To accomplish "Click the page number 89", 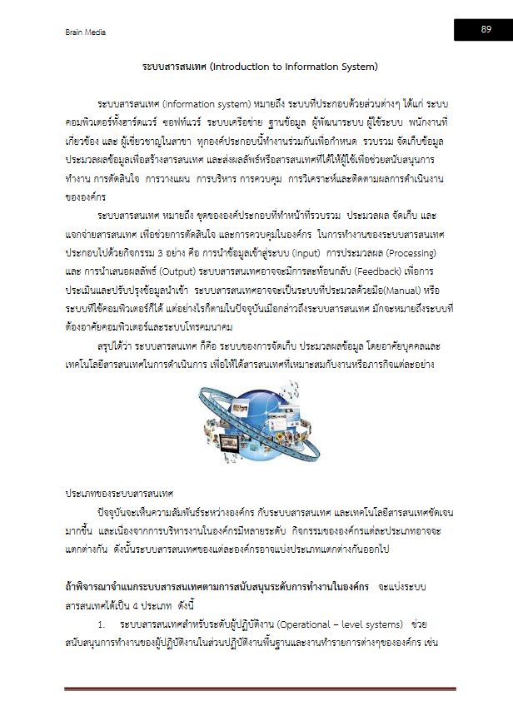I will [x=485, y=29].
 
